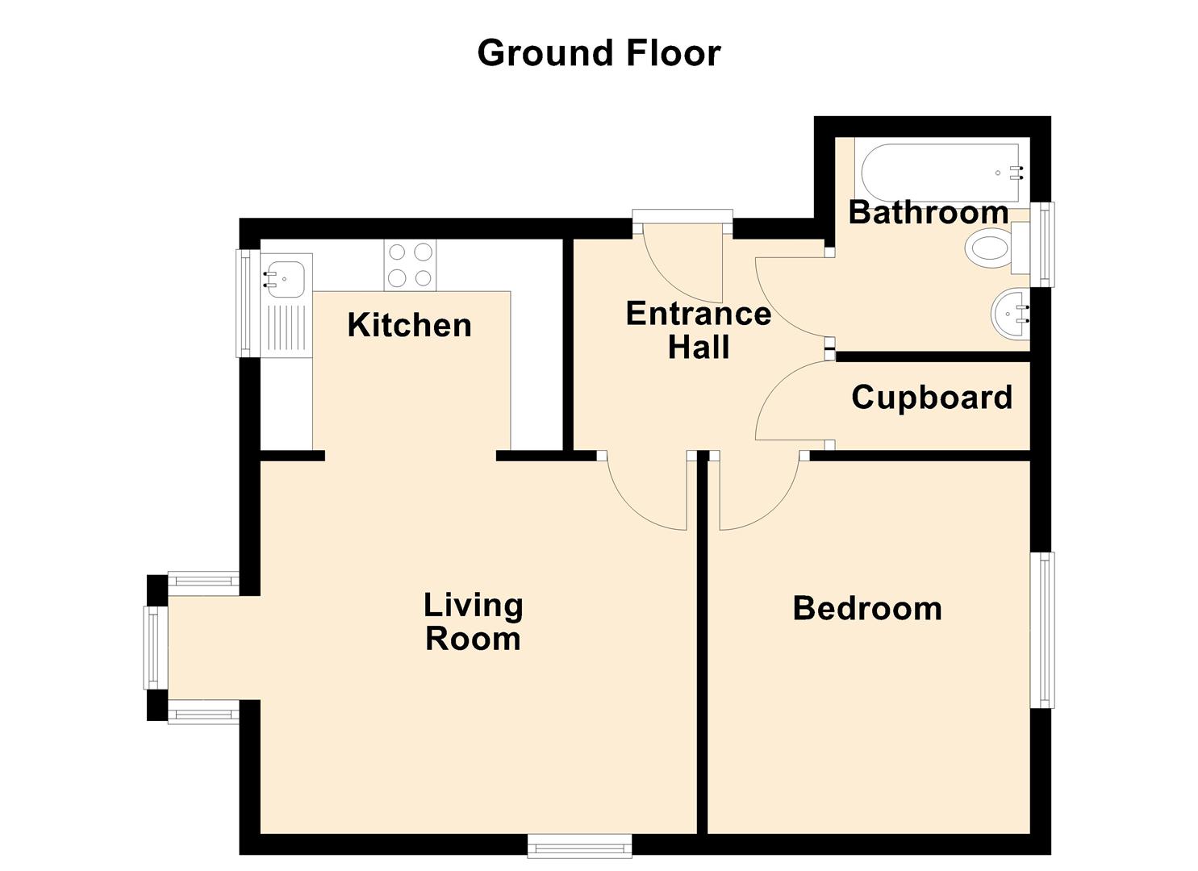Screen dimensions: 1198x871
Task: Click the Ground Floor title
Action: (x=599, y=53)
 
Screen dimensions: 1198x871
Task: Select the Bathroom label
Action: (x=929, y=212)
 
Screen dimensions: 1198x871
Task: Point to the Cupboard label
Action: (x=933, y=398)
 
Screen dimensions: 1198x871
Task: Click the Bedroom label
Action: (x=867, y=608)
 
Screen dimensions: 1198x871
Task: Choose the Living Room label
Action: (x=474, y=622)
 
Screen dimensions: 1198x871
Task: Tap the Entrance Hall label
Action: (x=699, y=330)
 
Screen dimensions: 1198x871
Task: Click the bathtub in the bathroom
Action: (x=941, y=173)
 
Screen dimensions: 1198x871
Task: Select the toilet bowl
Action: (x=989, y=248)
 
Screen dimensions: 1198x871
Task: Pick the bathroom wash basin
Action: (x=1010, y=315)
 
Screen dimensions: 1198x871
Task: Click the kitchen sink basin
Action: (x=286, y=278)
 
